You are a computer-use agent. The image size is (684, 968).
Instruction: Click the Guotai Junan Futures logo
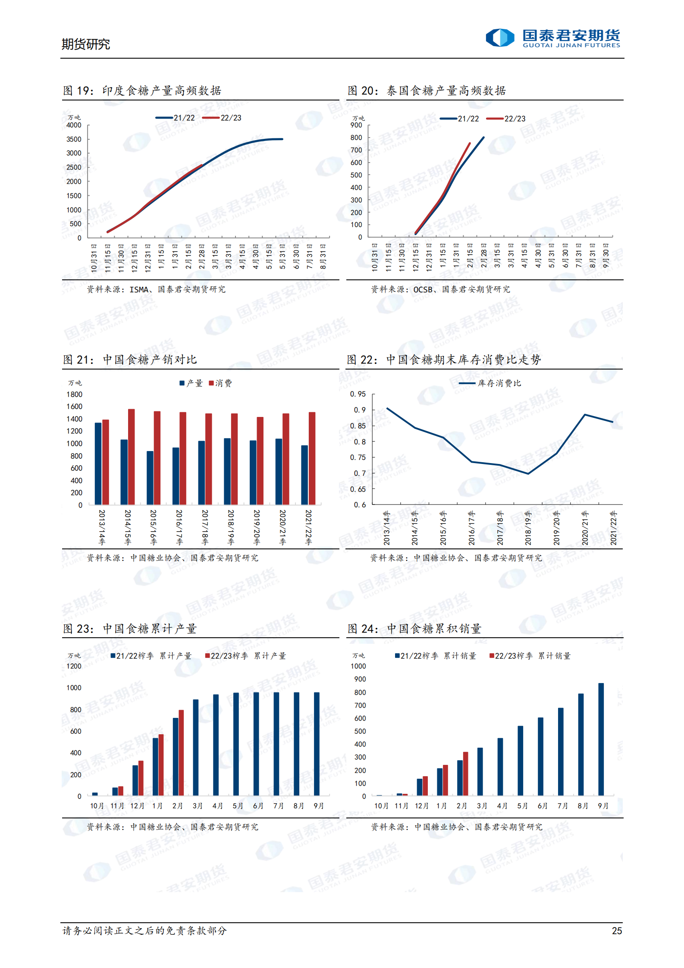point(552,38)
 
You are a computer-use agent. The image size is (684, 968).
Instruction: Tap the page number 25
point(617,930)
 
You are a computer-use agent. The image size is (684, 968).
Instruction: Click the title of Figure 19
point(142,91)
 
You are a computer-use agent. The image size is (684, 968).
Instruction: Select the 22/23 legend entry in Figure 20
point(506,119)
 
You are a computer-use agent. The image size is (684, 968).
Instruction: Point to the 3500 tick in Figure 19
point(74,139)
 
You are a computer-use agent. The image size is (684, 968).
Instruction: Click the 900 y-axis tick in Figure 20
point(356,125)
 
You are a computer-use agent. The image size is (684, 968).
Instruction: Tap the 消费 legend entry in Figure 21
point(220,383)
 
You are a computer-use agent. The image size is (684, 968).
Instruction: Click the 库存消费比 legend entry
point(491,383)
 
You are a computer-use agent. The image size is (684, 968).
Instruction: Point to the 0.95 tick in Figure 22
point(358,394)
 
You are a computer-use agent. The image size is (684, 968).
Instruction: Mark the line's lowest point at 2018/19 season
point(528,473)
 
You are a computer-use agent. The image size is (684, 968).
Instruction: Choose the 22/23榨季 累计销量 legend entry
point(530,656)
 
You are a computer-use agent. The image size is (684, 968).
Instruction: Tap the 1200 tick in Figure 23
point(74,666)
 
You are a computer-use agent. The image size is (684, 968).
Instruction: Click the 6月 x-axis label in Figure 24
point(543,806)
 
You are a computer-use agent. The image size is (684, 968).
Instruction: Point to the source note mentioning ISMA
point(156,289)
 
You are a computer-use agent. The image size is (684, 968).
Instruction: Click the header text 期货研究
point(86,44)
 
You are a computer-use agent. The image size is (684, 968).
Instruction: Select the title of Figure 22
point(444,360)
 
